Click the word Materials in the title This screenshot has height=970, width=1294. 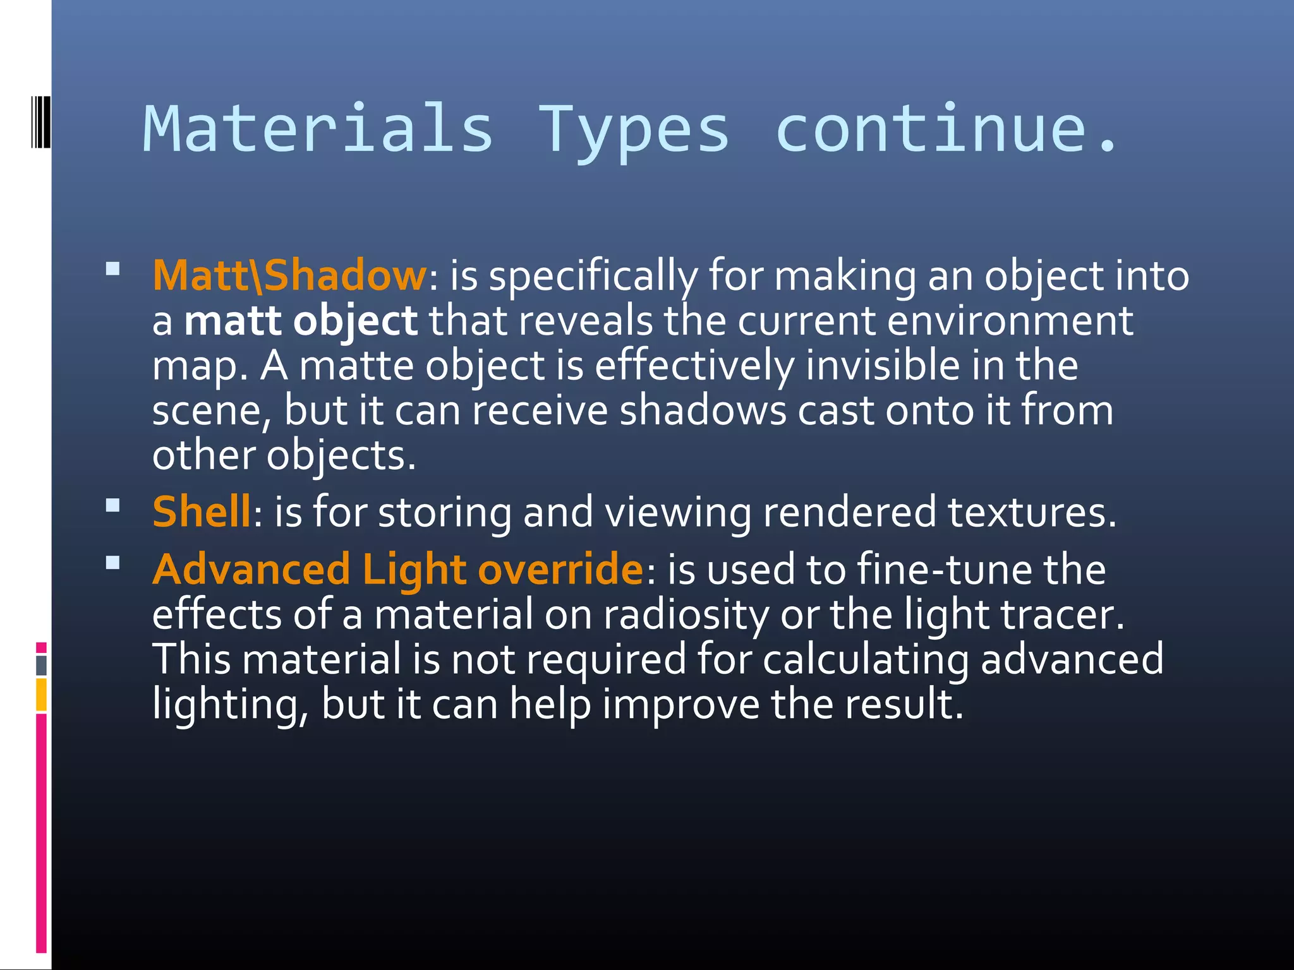318,129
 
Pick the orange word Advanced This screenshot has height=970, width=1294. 251,569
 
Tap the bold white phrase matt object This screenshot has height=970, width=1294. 301,321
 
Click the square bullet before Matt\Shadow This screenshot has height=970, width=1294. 113,270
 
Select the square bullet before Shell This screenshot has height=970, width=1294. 113,505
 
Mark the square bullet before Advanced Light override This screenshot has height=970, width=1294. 113,563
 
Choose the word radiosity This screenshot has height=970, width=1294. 686,615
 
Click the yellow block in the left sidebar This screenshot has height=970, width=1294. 41,694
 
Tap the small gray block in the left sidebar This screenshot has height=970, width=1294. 41,665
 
